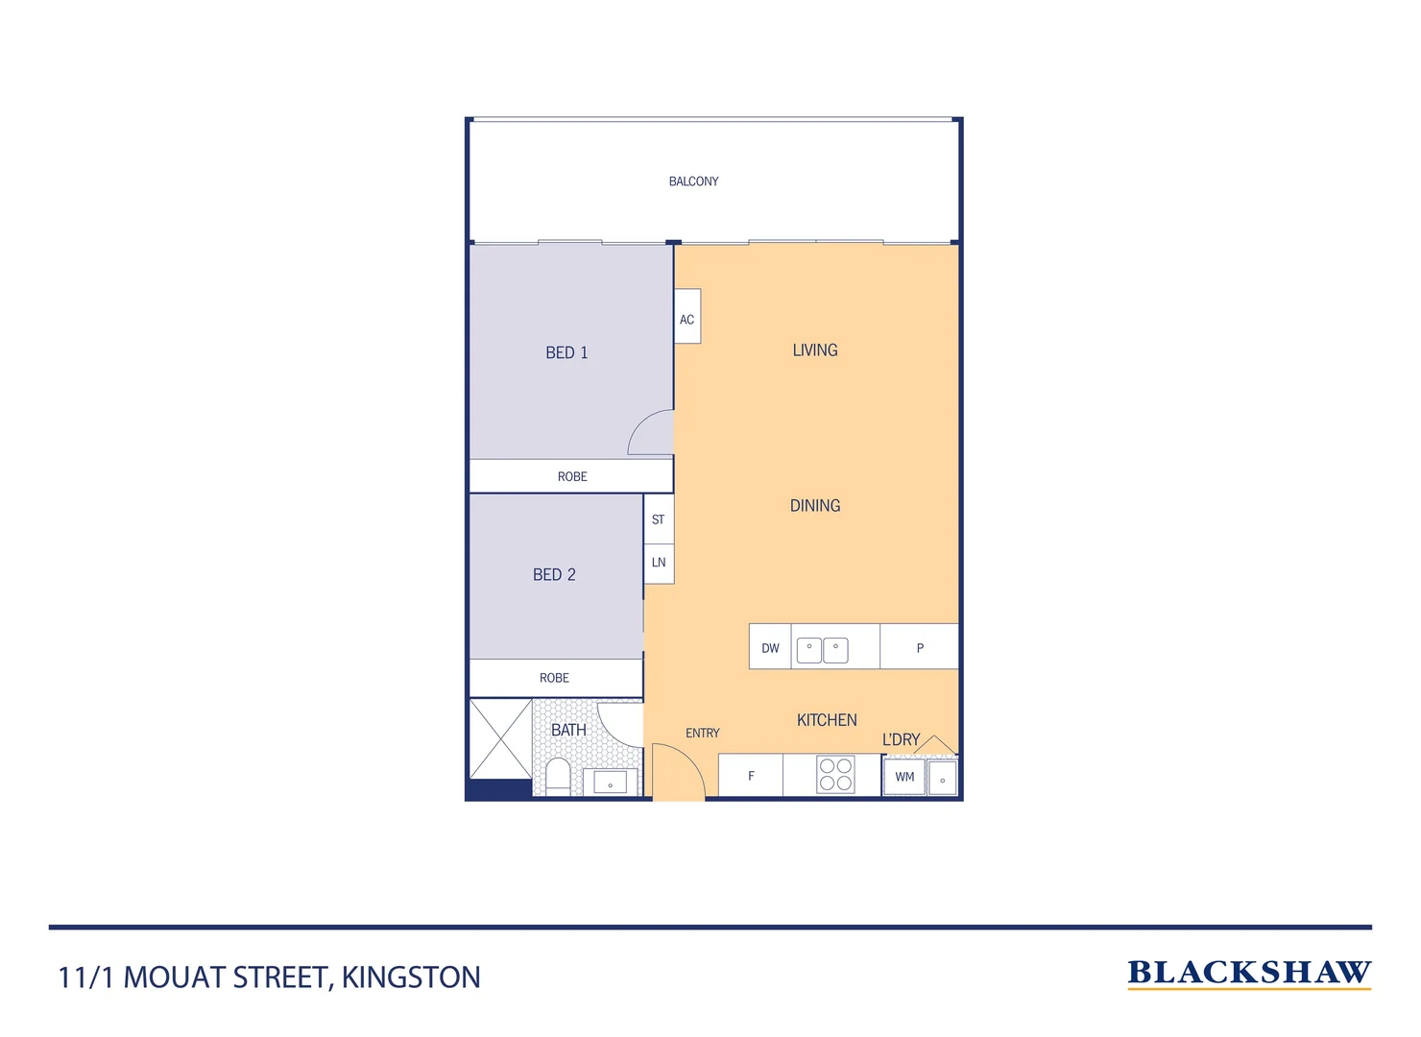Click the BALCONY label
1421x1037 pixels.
click(x=693, y=181)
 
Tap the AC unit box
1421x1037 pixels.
click(x=687, y=317)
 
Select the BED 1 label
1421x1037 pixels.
click(x=566, y=352)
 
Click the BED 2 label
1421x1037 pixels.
click(x=554, y=574)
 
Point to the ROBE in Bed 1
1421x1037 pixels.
click(x=571, y=476)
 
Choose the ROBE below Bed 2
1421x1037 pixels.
click(x=555, y=678)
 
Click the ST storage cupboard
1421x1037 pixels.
click(x=659, y=519)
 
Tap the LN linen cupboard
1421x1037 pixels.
click(x=659, y=563)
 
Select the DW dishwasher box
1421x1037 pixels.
click(x=770, y=647)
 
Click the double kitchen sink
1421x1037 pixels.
click(x=823, y=650)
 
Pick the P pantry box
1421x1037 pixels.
click(x=920, y=647)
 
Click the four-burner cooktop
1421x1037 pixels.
click(x=835, y=775)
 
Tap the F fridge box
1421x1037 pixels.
click(x=751, y=776)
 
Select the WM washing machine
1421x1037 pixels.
click(x=904, y=777)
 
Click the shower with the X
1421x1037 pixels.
click(x=500, y=738)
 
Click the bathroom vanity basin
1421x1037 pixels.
click(x=610, y=782)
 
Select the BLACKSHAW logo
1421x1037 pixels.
click(x=1249, y=973)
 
